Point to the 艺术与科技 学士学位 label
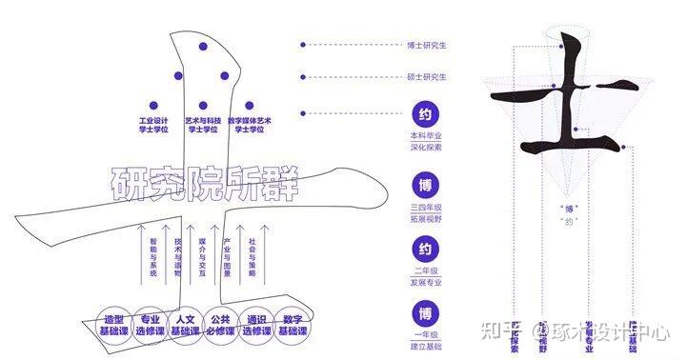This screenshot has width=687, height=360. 203,125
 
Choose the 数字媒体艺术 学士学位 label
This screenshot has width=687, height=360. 250,125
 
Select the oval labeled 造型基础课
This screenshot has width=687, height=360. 119,325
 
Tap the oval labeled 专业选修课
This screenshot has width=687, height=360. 151,325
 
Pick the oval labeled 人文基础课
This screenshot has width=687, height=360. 185,325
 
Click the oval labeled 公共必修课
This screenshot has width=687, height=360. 221,325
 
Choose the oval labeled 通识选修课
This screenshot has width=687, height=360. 255,325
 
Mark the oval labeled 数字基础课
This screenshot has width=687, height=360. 293,325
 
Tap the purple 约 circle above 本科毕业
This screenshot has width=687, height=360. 425,114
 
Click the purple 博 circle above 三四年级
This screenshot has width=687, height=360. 425,184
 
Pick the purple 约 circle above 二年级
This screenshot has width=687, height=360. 425,249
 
